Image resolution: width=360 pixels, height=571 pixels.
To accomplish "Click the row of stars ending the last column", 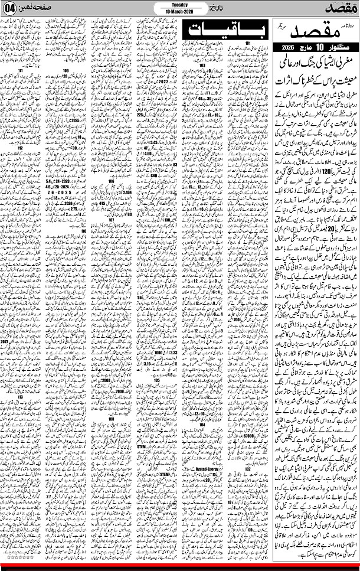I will [21, 556].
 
